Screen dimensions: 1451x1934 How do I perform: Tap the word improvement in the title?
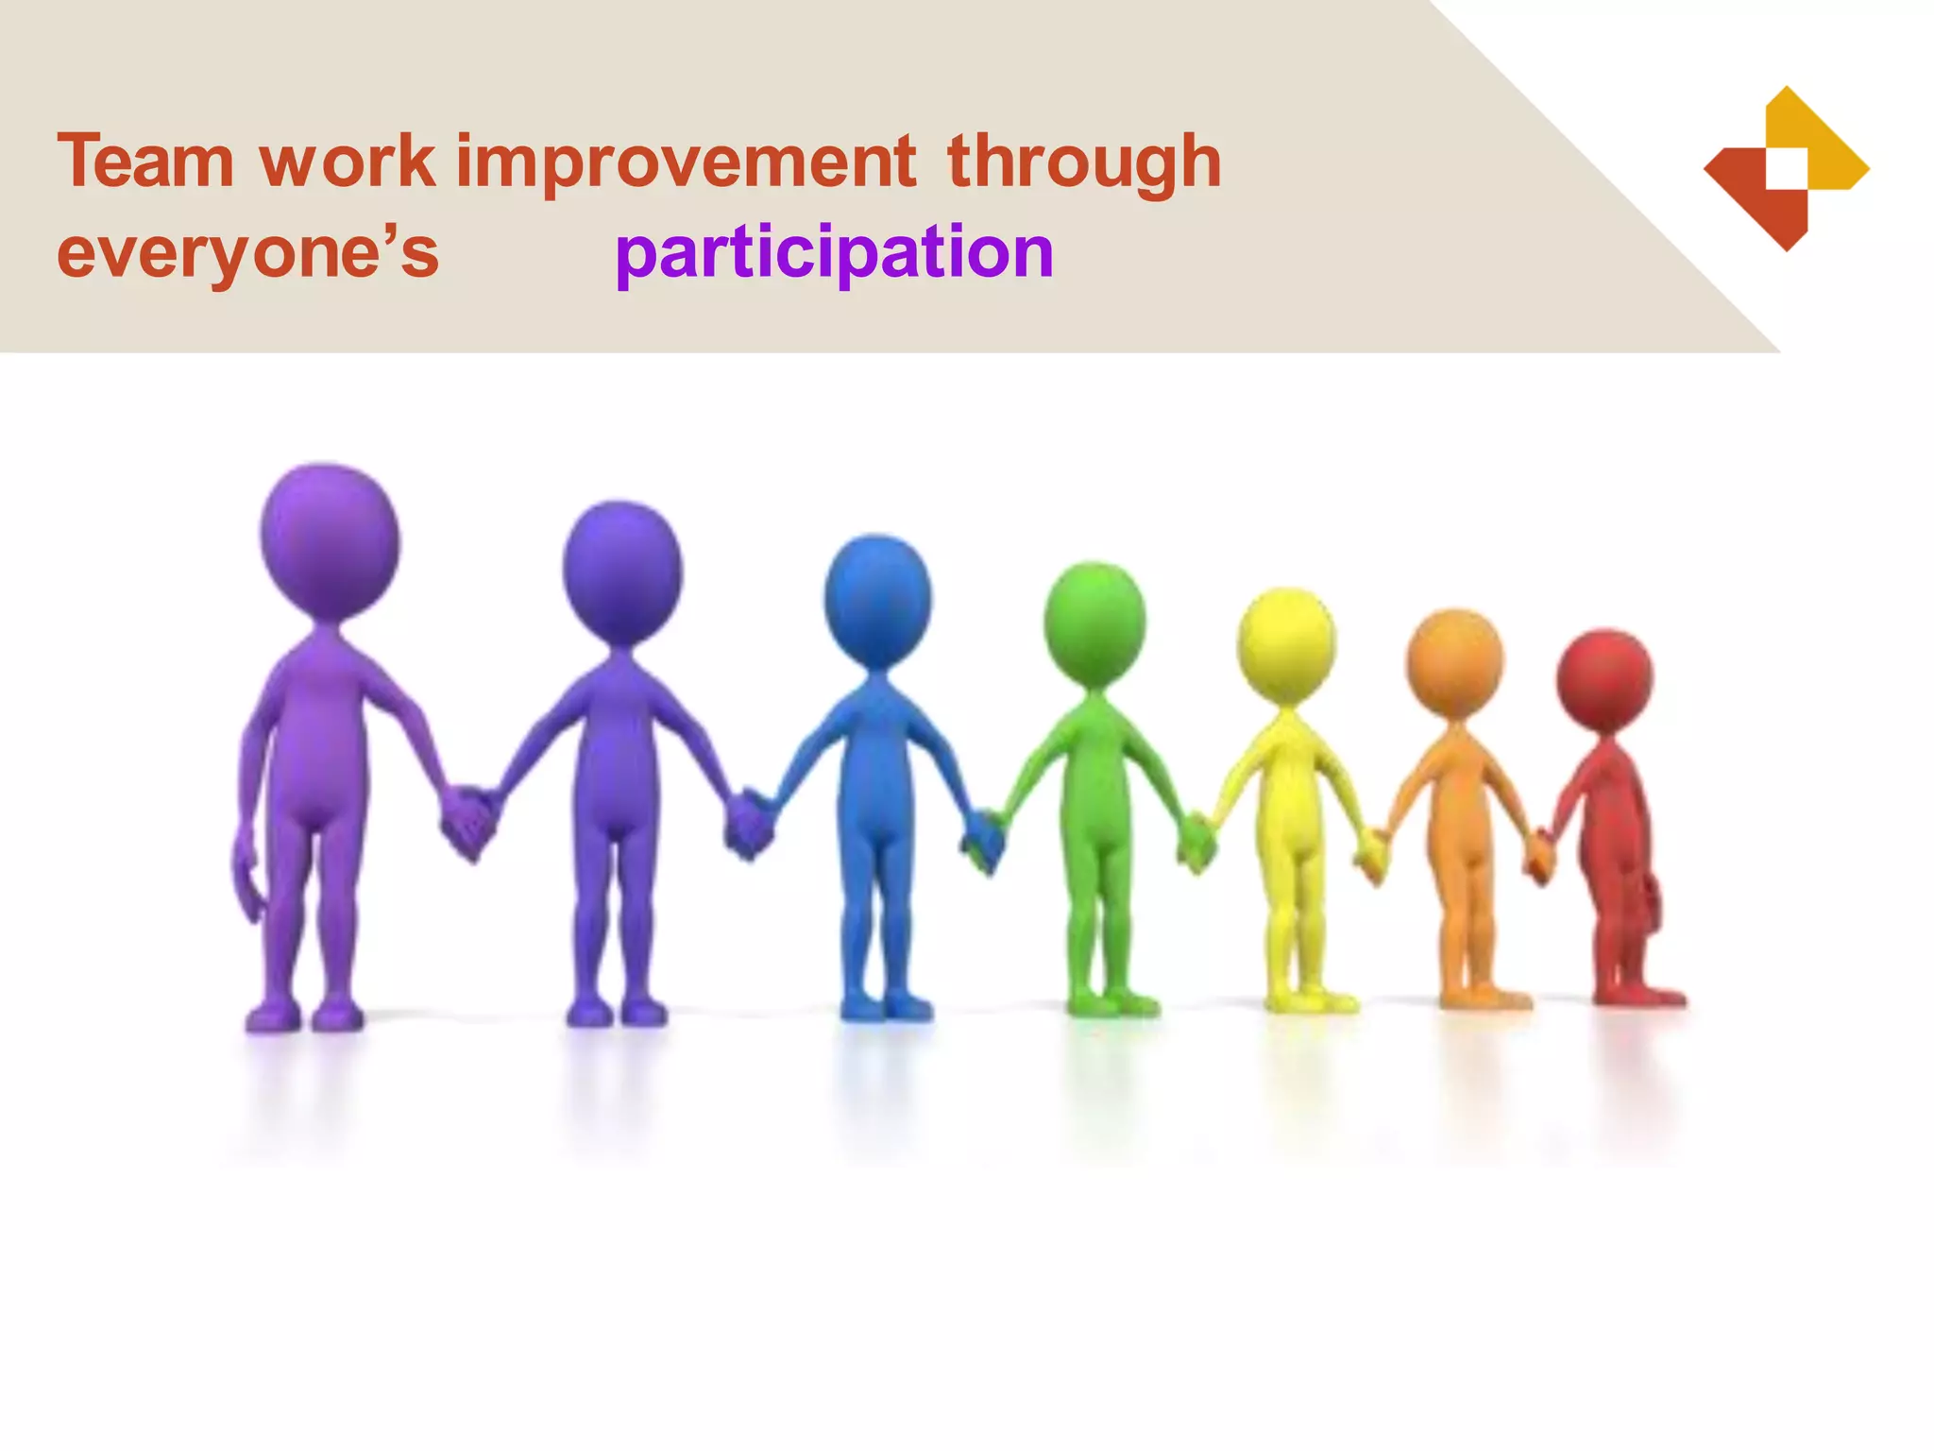(685, 162)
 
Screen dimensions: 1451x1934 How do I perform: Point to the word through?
(1083, 162)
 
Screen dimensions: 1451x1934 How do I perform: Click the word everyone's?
(247, 253)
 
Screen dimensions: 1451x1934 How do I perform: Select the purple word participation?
(834, 253)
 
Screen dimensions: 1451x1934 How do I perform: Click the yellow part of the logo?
(1827, 142)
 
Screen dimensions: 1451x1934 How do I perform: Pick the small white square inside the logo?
(1787, 168)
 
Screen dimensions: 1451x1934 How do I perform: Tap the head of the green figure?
(1094, 623)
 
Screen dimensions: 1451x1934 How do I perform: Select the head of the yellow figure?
(1286, 645)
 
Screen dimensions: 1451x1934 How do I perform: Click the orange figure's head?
(1454, 663)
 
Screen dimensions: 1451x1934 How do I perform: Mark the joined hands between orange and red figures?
(1539, 856)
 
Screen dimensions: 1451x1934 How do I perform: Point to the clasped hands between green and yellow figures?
(1196, 841)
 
